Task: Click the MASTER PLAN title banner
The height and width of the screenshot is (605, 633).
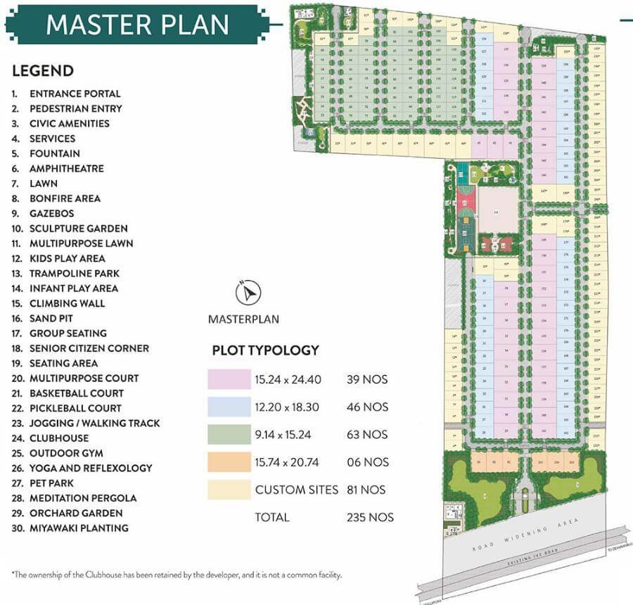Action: coord(138,24)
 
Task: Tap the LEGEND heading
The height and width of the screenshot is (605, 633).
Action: coord(42,70)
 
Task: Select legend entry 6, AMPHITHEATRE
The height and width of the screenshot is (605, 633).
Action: coord(66,168)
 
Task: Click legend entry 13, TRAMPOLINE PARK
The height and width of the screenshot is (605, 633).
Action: coord(74,273)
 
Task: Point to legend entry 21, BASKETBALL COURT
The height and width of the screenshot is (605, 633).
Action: coord(76,393)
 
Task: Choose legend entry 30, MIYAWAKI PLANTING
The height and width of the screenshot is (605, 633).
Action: coord(79,528)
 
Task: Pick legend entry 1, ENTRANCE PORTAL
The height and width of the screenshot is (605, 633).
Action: coord(75,94)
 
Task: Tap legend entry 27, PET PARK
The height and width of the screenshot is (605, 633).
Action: coord(51,483)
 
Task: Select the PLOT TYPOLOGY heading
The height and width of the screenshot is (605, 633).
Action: coord(265,350)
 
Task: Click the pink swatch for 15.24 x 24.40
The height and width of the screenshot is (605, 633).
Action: coord(229,380)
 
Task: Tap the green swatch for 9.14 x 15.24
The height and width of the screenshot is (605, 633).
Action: coord(229,434)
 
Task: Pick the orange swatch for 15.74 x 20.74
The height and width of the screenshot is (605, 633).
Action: coord(229,462)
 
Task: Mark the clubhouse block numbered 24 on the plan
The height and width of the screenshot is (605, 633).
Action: coord(497,211)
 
